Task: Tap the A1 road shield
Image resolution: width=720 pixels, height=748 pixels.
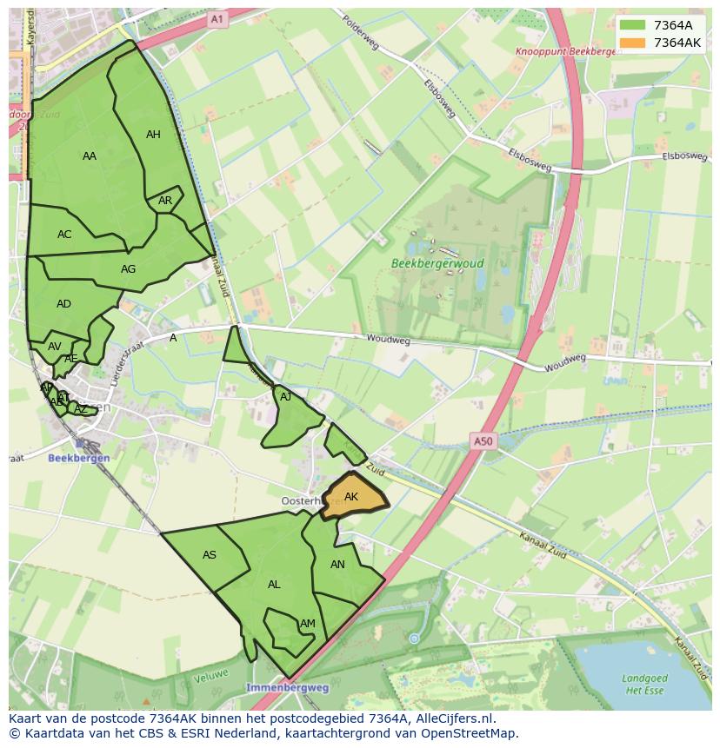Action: [217, 18]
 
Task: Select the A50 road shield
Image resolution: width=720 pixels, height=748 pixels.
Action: [483, 441]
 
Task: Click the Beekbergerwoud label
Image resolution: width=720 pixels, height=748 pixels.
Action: [437, 263]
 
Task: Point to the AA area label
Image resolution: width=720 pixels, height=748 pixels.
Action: [90, 156]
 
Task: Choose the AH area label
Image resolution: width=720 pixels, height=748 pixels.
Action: [153, 135]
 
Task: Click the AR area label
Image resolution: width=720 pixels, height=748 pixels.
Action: [165, 201]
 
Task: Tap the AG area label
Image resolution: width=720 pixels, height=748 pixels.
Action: [128, 269]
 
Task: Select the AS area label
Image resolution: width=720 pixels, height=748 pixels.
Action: [210, 555]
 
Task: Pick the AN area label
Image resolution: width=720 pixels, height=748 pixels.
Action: [337, 565]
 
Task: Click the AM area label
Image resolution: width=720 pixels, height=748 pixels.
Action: [308, 624]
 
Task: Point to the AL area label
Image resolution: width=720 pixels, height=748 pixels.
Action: [274, 585]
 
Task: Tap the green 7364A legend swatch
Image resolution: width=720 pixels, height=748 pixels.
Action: [632, 25]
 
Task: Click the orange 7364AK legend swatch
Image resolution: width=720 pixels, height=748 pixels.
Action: [632, 43]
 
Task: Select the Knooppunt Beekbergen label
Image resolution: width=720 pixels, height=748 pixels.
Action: [565, 51]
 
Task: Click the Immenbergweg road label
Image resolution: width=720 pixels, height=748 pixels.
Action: [287, 687]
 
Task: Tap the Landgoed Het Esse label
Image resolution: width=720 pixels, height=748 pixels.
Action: [644, 685]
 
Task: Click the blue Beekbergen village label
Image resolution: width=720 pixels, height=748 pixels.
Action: [78, 458]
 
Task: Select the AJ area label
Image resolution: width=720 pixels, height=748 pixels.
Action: [286, 397]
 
